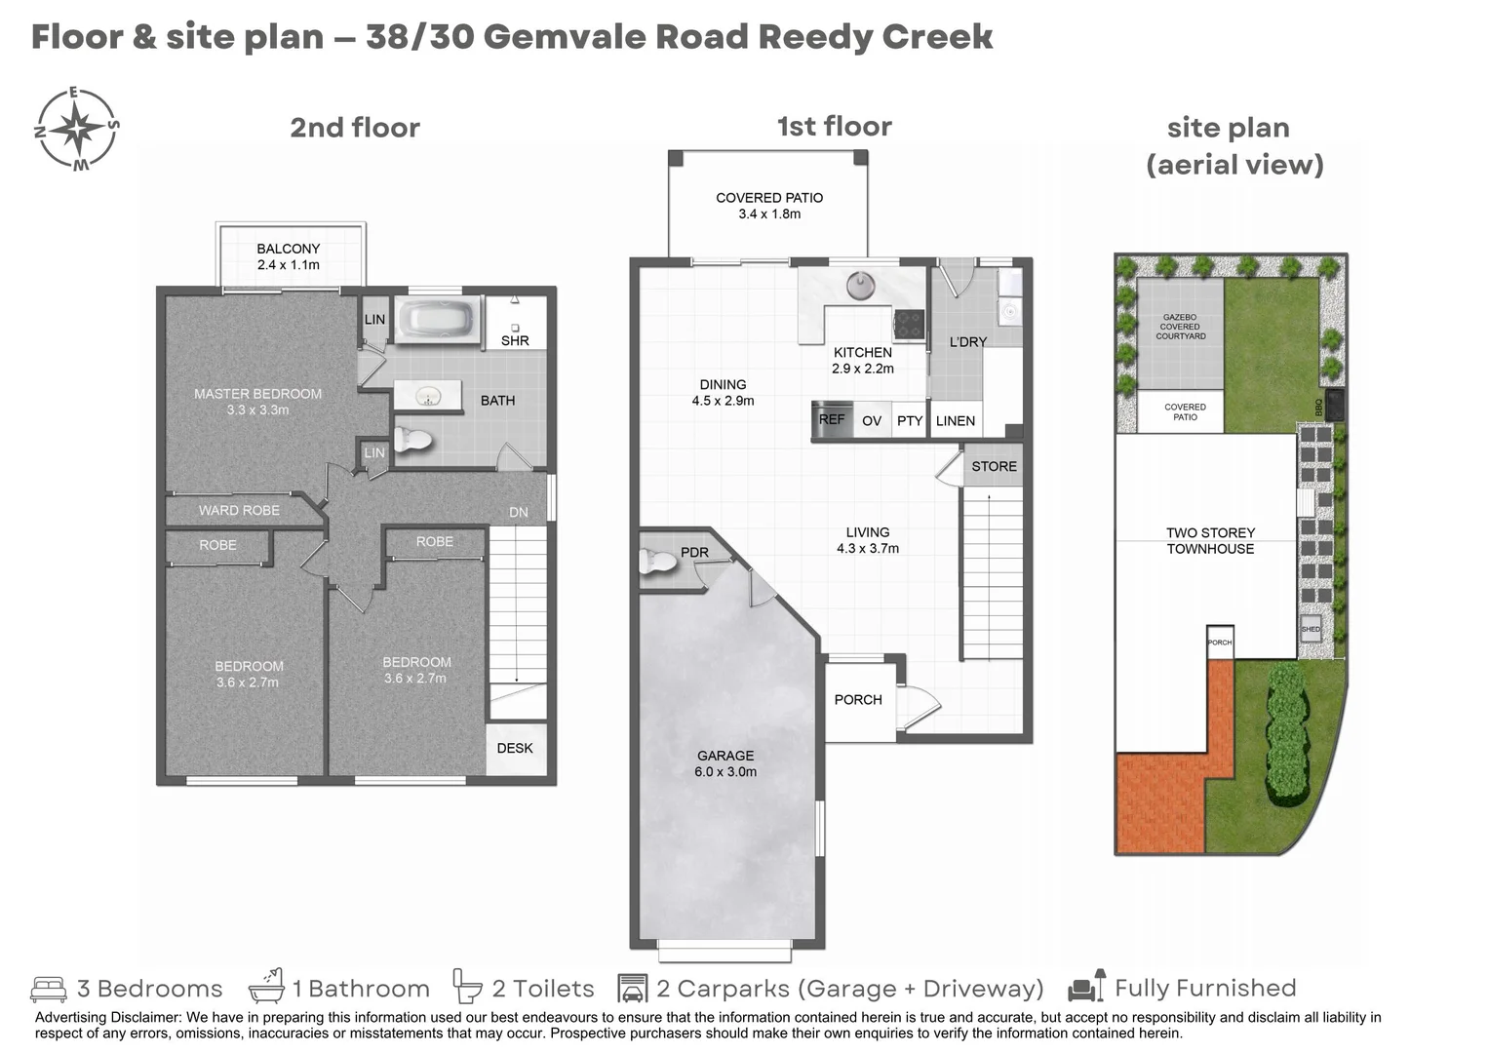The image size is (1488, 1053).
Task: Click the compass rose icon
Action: (76, 129)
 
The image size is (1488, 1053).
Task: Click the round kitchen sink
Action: (860, 285)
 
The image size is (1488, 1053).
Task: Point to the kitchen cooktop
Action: (909, 324)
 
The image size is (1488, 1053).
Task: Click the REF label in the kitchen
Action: (832, 420)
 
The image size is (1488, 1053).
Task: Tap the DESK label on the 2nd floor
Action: (515, 748)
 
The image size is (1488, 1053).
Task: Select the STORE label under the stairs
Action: (994, 466)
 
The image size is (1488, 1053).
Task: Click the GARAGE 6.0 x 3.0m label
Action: (725, 763)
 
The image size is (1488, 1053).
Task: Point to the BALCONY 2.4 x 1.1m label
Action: (289, 256)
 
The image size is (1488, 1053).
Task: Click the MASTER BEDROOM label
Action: (257, 402)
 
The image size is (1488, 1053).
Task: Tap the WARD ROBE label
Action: (239, 510)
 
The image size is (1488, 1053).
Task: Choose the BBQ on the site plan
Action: (1334, 405)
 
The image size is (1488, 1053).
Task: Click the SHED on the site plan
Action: (1311, 629)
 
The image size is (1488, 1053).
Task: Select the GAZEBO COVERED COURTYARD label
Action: (1180, 327)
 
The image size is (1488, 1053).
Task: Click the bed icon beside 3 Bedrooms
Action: (49, 989)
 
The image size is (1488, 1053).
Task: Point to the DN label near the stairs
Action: (519, 512)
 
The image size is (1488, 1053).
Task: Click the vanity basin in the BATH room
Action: (427, 396)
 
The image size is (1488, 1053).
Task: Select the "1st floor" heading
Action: (834, 127)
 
